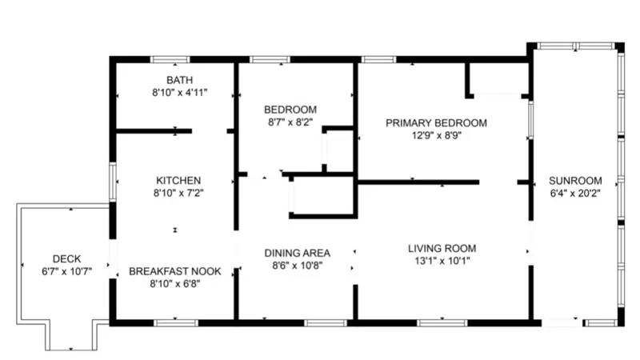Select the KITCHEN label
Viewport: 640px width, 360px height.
pyautogui.click(x=178, y=180)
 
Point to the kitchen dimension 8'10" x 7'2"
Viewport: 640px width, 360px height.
pyautogui.click(x=178, y=193)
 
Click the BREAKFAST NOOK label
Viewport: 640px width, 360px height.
pyautogui.click(x=175, y=271)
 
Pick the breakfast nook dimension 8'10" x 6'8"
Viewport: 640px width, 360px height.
pyautogui.click(x=175, y=284)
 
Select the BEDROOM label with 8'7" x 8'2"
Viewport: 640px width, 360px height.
pyautogui.click(x=290, y=110)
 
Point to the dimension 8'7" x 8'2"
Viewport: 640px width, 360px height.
pyautogui.click(x=290, y=122)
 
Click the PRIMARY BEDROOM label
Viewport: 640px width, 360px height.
pyautogui.click(x=436, y=122)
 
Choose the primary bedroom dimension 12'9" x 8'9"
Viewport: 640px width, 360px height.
pyautogui.click(x=436, y=135)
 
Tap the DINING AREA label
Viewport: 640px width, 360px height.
pyautogui.click(x=297, y=253)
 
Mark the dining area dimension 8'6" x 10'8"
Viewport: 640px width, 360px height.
pyautogui.click(x=297, y=266)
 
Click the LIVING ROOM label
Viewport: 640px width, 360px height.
pyautogui.click(x=442, y=248)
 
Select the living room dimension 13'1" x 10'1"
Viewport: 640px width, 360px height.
pyautogui.click(x=442, y=261)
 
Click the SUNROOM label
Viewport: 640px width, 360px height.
pyautogui.click(x=576, y=180)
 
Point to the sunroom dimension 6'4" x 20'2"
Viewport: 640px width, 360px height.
pyautogui.click(x=576, y=193)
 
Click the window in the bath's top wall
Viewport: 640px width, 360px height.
pyautogui.click(x=170, y=59)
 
